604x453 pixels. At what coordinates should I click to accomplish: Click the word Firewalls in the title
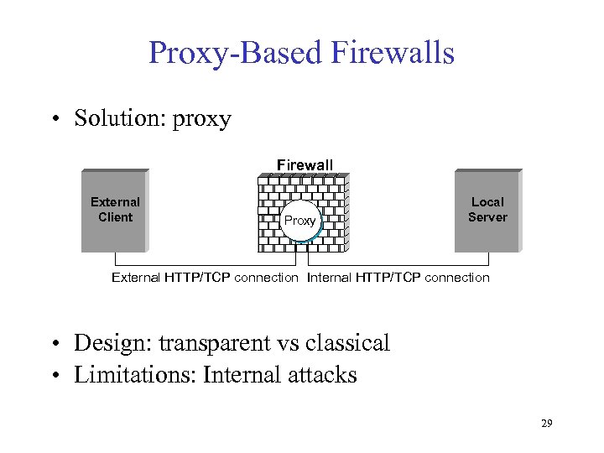[393, 53]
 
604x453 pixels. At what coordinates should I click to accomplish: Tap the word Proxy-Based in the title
[236, 53]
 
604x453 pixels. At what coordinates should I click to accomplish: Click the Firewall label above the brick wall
[305, 165]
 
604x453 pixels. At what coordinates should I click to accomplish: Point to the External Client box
[115, 211]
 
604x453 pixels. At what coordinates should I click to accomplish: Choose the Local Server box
[487, 211]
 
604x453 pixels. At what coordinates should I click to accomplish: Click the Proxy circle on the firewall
[300, 221]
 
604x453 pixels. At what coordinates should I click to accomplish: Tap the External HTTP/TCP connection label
[205, 278]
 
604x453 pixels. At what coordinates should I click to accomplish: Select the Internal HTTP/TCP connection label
[398, 278]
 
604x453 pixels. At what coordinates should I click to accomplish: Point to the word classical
[346, 343]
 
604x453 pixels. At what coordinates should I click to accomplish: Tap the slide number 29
[546, 424]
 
